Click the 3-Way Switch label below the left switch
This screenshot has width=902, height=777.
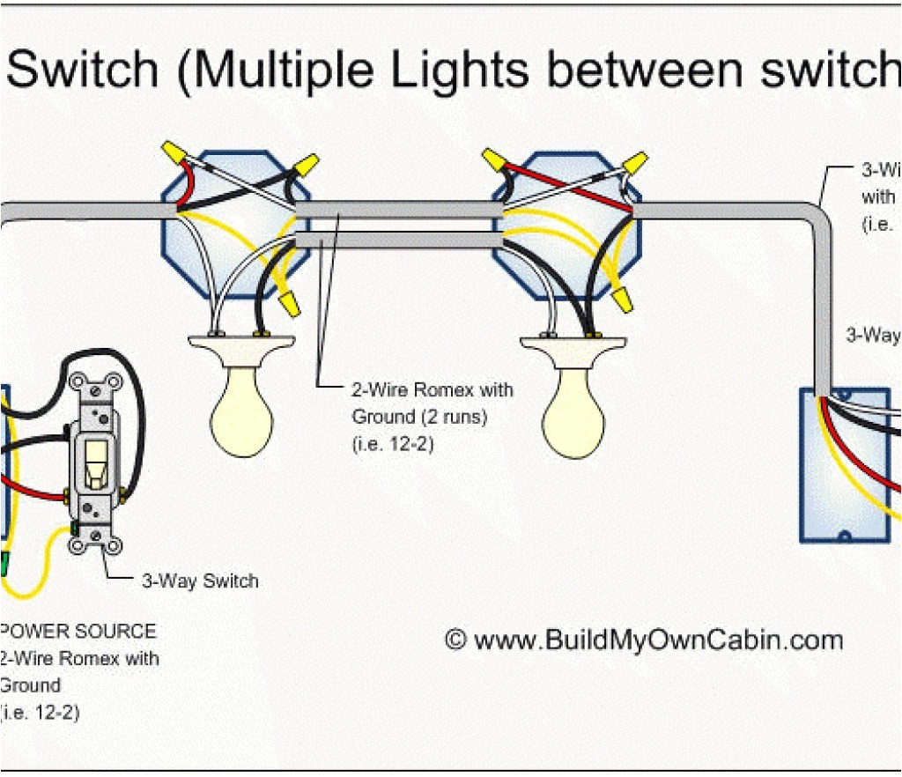point(200,581)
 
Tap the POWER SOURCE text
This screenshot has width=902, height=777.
point(79,632)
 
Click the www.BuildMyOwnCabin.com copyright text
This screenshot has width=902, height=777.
point(643,640)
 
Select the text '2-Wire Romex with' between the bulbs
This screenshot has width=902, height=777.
point(432,389)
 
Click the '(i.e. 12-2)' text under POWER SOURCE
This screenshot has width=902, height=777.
point(40,713)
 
